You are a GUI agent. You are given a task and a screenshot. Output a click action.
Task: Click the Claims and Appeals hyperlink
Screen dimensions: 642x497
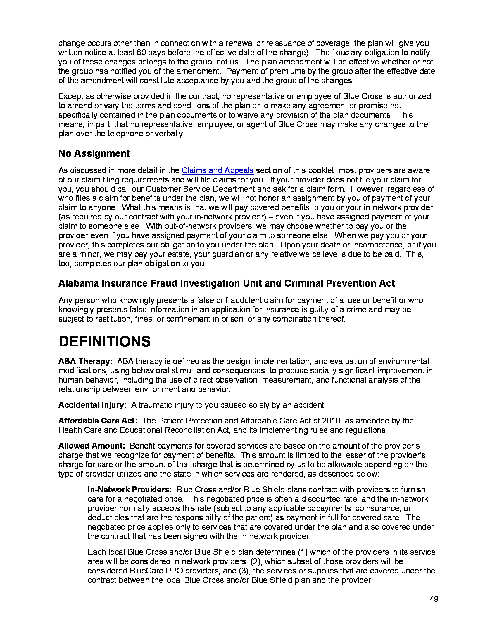pyautogui.click(x=217, y=170)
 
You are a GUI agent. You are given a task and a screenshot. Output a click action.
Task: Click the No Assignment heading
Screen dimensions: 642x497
pyautogui.click(x=94, y=153)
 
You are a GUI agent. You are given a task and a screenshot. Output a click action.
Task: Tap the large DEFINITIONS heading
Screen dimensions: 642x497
pyautogui.click(x=105, y=342)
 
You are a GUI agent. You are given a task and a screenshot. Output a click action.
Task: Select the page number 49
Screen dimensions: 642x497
pyautogui.click(x=434, y=599)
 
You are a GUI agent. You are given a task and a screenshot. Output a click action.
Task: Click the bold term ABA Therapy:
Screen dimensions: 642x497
pyautogui.click(x=85, y=361)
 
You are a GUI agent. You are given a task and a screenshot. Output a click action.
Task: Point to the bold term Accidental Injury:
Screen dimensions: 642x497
pyautogui.click(x=92, y=405)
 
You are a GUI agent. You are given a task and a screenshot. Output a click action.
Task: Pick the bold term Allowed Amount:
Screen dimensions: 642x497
pyautogui.click(x=92, y=446)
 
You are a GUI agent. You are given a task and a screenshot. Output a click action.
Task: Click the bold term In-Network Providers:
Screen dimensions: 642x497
pyautogui.click(x=130, y=490)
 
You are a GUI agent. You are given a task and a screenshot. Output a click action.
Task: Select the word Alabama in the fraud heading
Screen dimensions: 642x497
pyautogui.click(x=78, y=283)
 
